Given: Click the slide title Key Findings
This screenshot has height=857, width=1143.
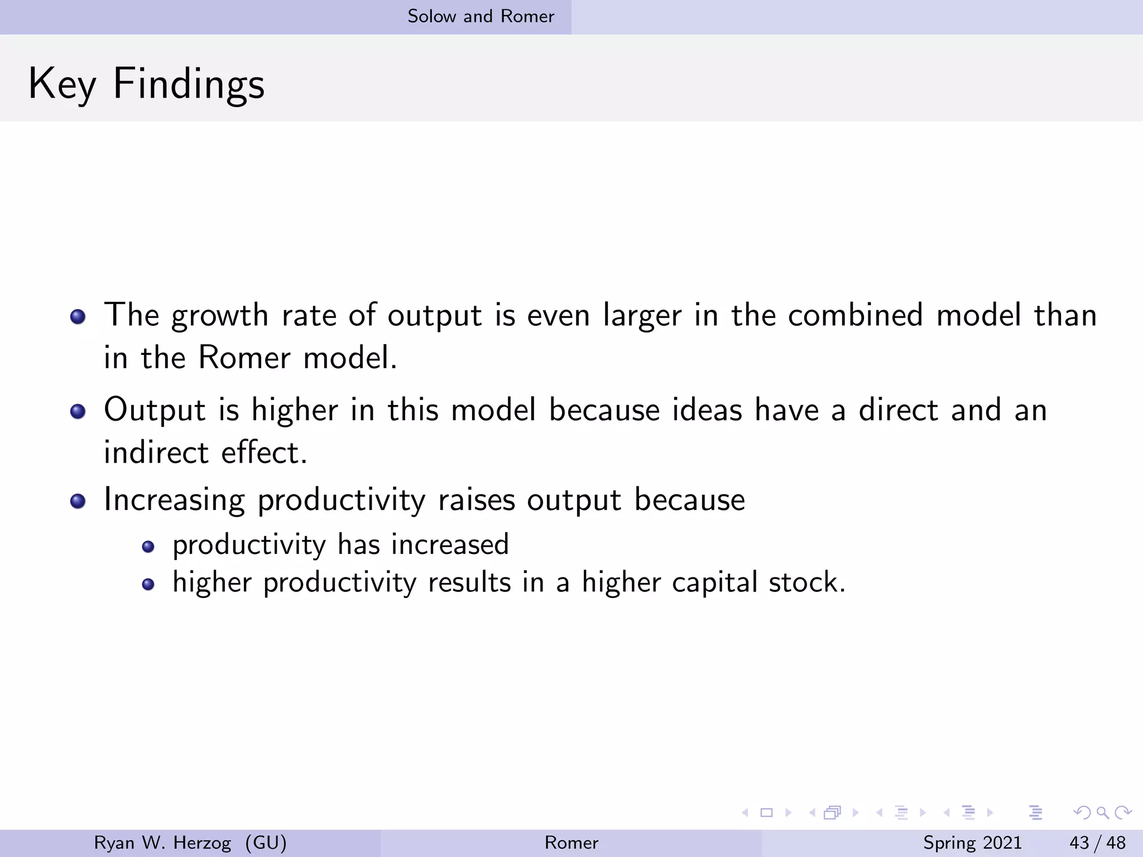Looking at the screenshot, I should pyautogui.click(x=146, y=84).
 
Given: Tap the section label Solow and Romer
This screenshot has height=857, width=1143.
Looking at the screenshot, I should pyautogui.click(x=481, y=16).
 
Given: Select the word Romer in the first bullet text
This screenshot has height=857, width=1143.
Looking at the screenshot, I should pyautogui.click(x=244, y=358).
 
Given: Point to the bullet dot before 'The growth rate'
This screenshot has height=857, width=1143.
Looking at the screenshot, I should pyautogui.click(x=78, y=317).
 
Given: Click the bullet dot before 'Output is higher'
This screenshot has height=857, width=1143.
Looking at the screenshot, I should pyautogui.click(x=78, y=412).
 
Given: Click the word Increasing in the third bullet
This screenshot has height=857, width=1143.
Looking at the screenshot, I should pyautogui.click(x=174, y=500).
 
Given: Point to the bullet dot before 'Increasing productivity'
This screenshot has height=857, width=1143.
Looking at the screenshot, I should pyautogui.click(x=78, y=501).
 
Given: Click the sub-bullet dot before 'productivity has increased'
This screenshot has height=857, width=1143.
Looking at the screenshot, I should pyautogui.click(x=148, y=546).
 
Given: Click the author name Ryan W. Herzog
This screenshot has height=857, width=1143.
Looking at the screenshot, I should pyautogui.click(x=162, y=842).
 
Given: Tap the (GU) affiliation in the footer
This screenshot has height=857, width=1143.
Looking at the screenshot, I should pyautogui.click(x=266, y=842).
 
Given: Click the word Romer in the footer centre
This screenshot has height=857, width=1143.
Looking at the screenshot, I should pyautogui.click(x=571, y=842).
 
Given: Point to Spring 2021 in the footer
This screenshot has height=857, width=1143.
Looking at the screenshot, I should pyautogui.click(x=972, y=842).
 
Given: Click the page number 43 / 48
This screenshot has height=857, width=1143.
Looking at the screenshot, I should pyautogui.click(x=1097, y=842).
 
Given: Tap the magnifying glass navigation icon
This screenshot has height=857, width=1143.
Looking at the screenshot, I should pyautogui.click(x=1102, y=813).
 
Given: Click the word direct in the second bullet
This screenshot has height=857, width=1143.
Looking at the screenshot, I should pyautogui.click(x=898, y=410).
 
